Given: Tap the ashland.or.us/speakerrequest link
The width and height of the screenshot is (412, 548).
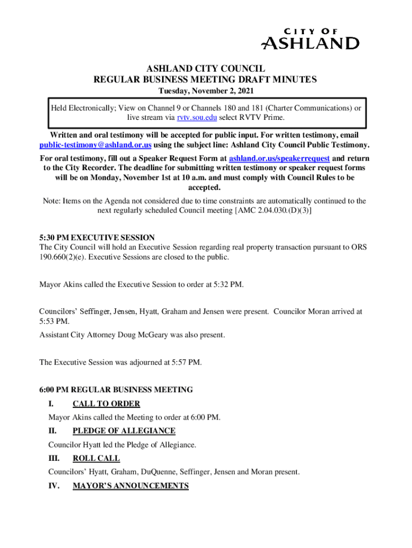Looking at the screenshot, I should (280, 159).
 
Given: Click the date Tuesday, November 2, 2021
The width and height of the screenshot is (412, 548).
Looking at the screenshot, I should (205, 92).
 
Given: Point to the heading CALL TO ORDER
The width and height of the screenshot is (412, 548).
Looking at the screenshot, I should (106, 404).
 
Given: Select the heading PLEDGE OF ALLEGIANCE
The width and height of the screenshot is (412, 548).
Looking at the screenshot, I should (124, 431).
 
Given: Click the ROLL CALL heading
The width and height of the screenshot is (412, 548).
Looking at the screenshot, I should (96, 458).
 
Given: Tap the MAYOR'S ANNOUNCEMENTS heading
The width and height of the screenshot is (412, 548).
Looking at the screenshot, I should (131, 485).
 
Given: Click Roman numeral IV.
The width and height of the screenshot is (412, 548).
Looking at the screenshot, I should (54, 485).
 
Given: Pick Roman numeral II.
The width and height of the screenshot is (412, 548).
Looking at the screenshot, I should (52, 431).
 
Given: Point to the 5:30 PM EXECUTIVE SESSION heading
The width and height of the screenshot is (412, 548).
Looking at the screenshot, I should (97, 238).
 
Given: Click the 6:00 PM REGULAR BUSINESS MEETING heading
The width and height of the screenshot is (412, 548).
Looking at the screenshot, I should (116, 390).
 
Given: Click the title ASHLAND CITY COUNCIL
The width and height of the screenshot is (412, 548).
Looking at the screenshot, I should (205, 68).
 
